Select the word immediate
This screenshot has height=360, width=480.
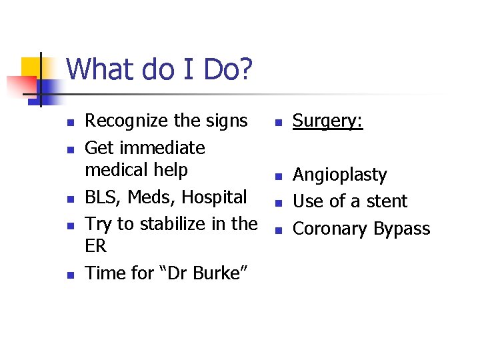pos(165,147)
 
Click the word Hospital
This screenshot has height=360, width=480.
pos(214,197)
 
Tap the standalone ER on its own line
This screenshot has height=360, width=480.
pos(96,246)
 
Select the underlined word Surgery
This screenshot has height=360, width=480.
pos(327,121)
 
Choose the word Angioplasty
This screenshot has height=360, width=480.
pos(340,175)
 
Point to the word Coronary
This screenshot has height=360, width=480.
pos(330,229)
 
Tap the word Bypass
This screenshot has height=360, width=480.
pos(402,229)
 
